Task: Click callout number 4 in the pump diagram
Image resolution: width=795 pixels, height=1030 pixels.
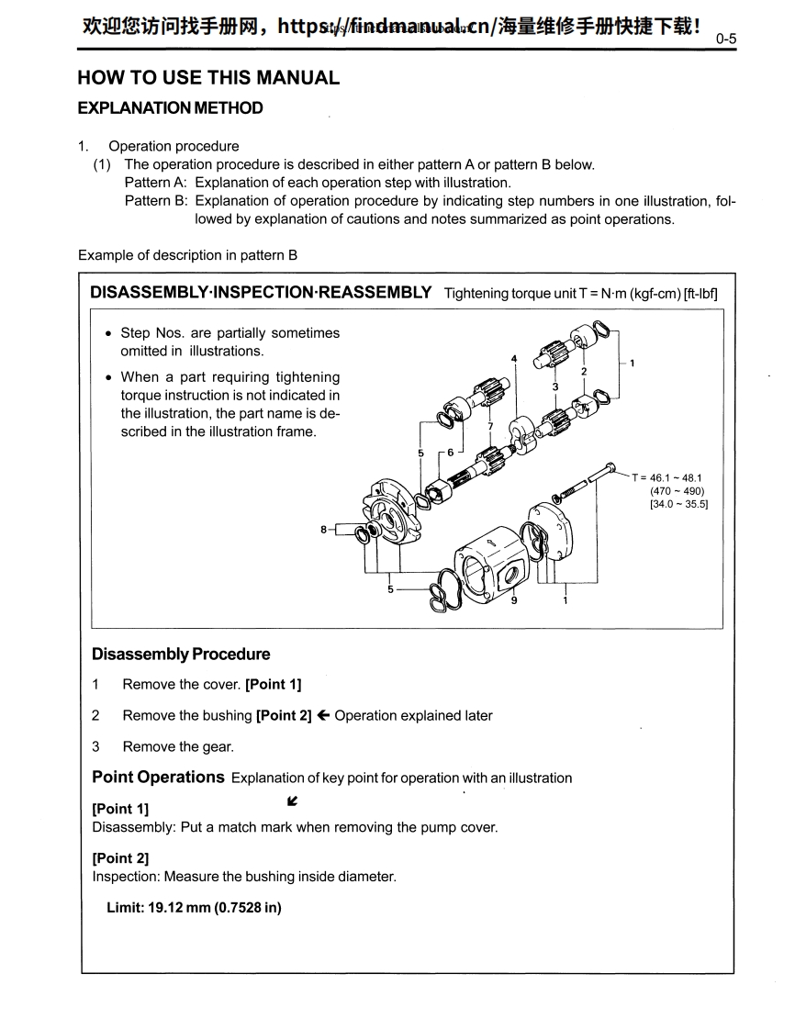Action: (x=514, y=357)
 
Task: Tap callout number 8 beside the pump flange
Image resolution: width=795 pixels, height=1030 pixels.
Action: (x=323, y=530)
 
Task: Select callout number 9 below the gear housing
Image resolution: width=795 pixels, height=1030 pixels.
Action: (x=514, y=600)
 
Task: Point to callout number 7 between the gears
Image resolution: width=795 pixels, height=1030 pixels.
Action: (x=491, y=426)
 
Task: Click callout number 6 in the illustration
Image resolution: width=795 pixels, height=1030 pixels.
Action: (x=451, y=453)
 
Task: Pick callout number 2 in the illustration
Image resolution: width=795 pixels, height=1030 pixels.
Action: (x=584, y=370)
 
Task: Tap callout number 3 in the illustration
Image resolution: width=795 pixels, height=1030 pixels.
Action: (x=554, y=387)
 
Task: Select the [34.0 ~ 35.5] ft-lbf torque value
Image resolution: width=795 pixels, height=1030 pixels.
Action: (x=678, y=503)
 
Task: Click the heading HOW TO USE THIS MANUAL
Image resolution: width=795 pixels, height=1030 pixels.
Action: (x=208, y=78)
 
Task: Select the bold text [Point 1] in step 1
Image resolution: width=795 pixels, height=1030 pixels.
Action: (x=273, y=685)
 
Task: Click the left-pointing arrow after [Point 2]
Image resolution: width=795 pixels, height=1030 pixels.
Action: (x=323, y=716)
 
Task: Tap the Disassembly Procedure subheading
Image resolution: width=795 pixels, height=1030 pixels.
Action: (x=181, y=655)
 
